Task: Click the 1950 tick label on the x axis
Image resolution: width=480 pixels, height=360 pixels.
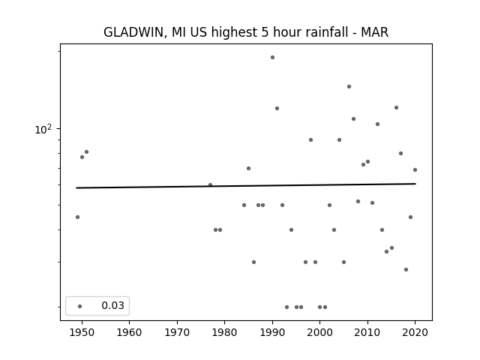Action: tap(82, 332)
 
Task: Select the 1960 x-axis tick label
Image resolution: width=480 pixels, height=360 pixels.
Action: tap(129, 332)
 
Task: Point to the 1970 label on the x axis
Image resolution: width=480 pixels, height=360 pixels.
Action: tap(177, 332)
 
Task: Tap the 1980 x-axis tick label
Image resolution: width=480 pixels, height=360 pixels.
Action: tap(224, 332)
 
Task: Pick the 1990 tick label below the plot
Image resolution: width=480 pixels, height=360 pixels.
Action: tap(272, 332)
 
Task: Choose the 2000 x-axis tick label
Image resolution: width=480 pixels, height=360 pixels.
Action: tap(320, 332)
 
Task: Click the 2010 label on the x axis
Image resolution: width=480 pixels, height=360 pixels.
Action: tap(367, 332)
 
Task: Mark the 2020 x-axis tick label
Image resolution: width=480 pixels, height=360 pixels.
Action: tap(415, 332)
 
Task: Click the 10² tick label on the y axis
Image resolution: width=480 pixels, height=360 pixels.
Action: tap(43, 130)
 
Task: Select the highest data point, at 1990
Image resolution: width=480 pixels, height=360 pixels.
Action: tap(272, 57)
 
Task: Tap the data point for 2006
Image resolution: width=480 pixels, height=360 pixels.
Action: tap(349, 87)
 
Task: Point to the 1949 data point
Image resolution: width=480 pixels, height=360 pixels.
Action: tap(77, 217)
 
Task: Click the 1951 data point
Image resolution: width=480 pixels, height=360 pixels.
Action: tap(87, 151)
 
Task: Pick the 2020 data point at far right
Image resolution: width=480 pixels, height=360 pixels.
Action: tap(415, 170)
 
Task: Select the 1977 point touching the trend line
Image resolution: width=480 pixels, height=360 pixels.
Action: tap(210, 185)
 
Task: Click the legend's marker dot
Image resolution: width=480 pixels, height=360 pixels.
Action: tap(80, 306)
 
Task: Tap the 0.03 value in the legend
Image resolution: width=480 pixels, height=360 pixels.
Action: tap(113, 305)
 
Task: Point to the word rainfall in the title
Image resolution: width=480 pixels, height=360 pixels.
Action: tap(313, 31)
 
